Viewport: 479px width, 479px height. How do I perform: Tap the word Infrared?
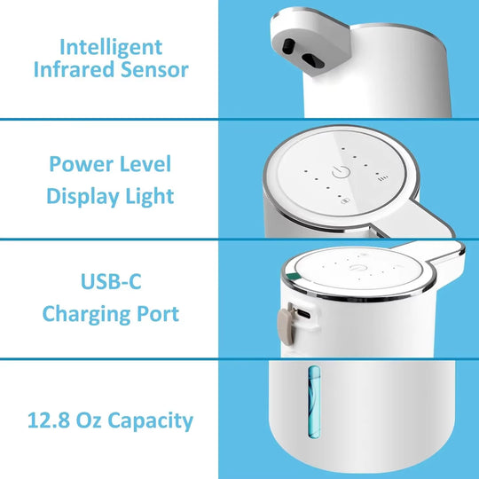coord(72,70)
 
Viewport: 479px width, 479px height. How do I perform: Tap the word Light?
coord(149,195)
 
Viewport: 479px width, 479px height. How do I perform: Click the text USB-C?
coord(110,283)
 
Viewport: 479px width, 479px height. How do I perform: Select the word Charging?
coord(87,313)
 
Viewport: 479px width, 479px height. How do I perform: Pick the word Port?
coord(158,313)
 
